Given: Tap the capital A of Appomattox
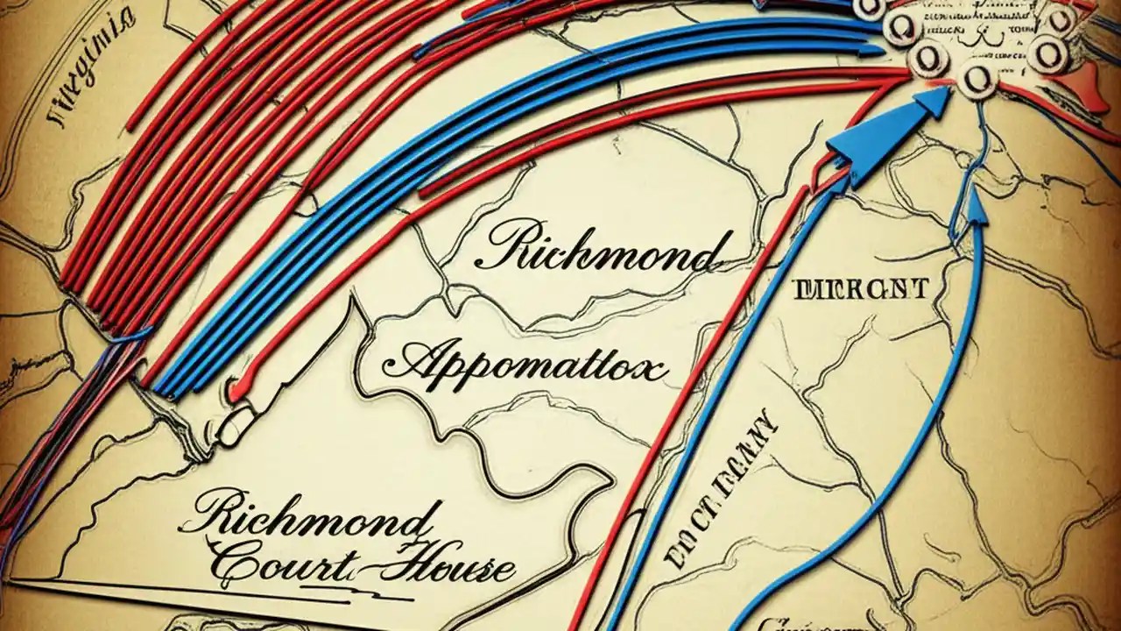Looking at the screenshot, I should [x=412, y=359].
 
